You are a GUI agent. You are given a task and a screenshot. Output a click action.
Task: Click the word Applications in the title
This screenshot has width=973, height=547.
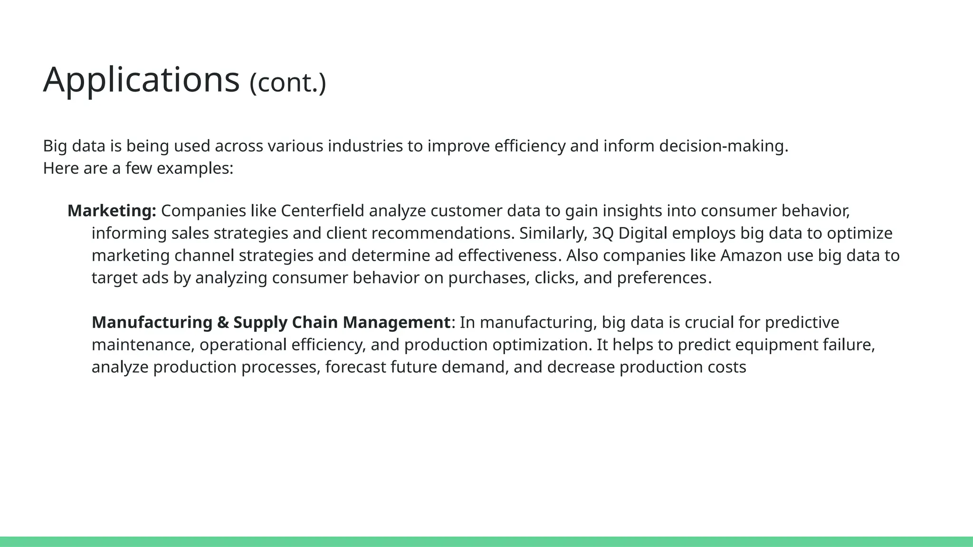(x=141, y=80)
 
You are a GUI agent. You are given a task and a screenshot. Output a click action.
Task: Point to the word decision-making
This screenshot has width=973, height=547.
(x=723, y=146)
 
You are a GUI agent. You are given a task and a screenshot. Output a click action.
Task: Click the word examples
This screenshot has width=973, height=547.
(x=194, y=169)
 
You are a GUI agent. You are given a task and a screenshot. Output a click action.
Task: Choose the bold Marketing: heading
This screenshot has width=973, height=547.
(x=112, y=211)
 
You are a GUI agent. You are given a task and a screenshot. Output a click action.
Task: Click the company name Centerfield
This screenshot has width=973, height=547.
(x=323, y=211)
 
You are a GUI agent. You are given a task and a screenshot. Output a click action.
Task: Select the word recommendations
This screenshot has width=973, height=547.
(x=443, y=234)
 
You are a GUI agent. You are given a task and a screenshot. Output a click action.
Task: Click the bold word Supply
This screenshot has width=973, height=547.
(x=260, y=322)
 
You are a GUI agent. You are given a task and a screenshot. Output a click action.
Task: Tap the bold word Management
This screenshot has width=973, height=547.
(x=396, y=322)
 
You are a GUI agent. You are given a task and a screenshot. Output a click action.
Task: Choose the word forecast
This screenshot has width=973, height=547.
(x=355, y=367)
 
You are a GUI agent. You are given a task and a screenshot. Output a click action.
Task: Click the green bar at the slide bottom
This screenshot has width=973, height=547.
(x=486, y=541)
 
